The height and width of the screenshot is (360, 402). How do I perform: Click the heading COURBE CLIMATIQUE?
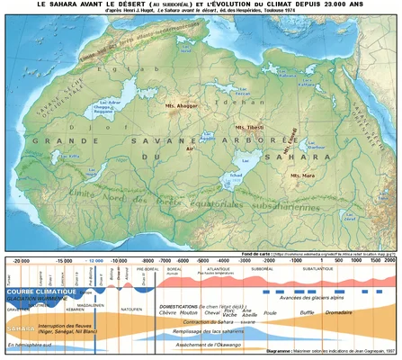(40, 292)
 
